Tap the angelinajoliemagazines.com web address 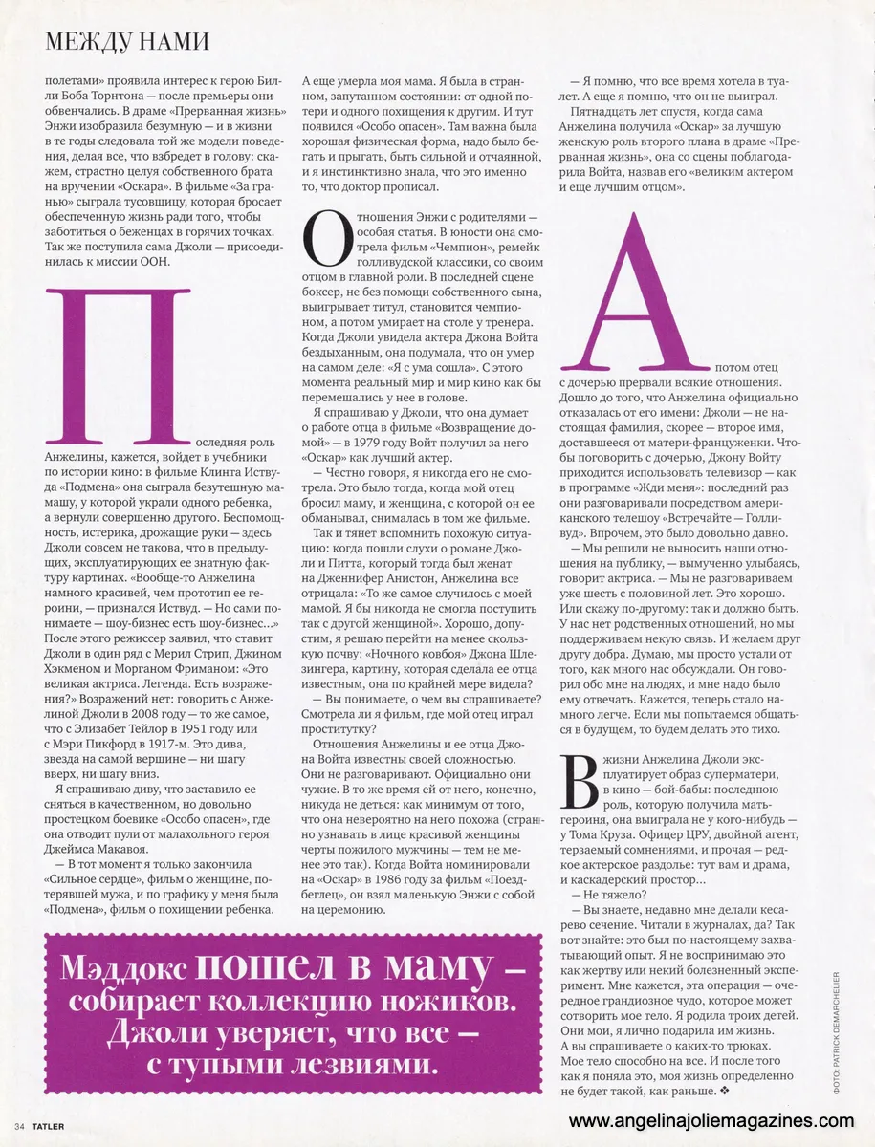point(711,1120)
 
